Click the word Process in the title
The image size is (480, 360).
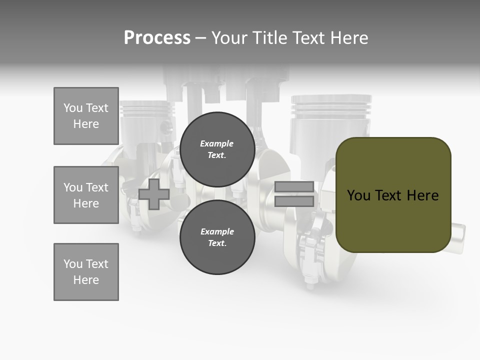click(x=157, y=38)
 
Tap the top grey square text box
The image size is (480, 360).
click(x=86, y=116)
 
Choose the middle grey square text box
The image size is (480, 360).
click(x=86, y=195)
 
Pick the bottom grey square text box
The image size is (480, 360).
click(x=86, y=272)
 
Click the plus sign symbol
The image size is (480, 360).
click(x=154, y=194)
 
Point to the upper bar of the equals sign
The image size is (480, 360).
click(x=294, y=187)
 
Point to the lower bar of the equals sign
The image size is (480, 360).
click(x=294, y=201)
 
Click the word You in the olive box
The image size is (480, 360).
click(x=358, y=195)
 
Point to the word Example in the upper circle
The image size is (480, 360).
click(x=217, y=144)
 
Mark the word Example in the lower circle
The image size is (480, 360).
click(x=217, y=231)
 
